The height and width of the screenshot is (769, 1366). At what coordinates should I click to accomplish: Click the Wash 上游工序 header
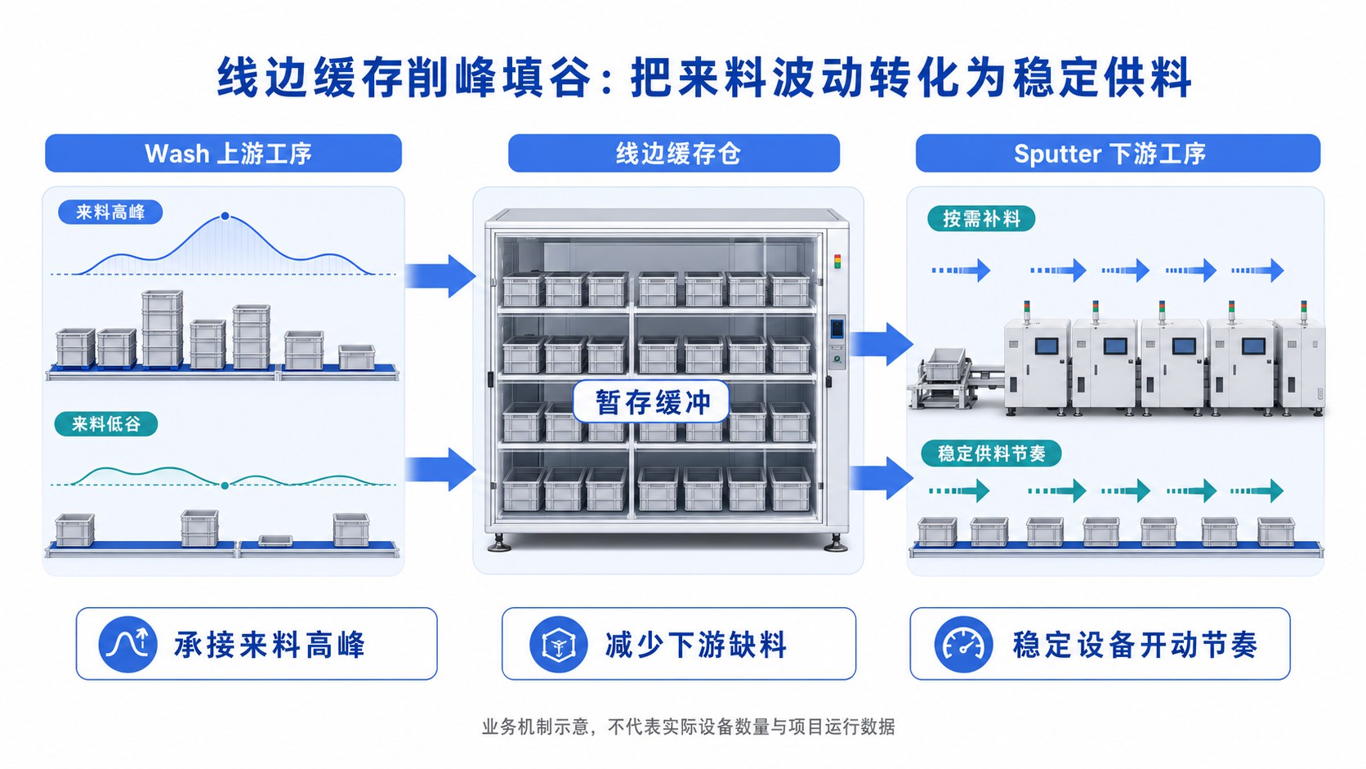223,153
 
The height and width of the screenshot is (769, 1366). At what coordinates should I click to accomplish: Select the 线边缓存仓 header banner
674,153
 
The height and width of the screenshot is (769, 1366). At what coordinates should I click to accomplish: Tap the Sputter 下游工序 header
1118,153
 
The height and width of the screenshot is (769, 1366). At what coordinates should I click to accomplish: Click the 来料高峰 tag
110,212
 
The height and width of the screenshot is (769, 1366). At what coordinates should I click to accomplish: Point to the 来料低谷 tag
106,424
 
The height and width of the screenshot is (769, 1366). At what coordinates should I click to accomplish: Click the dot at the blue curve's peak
225,216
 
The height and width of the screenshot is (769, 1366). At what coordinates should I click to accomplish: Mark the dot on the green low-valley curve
225,485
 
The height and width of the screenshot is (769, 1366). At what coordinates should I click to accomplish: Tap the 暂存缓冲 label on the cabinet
651,402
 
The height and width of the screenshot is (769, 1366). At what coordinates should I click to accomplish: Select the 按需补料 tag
981,219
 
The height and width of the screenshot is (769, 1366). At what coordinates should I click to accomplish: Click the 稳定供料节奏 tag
991,454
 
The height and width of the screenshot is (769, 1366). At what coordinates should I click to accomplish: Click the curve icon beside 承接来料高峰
127,644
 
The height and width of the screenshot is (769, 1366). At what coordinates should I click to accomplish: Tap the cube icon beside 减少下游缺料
559,644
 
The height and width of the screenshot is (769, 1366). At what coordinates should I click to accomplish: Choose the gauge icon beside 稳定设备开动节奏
963,644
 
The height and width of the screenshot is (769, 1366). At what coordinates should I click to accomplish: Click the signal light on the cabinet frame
837,262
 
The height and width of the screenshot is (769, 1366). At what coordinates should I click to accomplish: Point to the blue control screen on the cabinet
837,328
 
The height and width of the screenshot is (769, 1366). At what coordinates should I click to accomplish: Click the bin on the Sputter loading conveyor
944,364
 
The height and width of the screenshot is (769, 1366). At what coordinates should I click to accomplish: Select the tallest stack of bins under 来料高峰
162,328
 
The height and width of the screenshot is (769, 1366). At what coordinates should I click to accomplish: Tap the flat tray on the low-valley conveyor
275,540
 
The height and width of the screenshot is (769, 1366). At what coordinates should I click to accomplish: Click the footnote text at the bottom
688,727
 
